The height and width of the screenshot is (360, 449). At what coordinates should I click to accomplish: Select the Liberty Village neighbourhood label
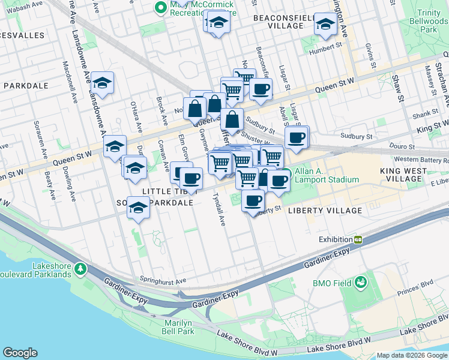click(325, 211)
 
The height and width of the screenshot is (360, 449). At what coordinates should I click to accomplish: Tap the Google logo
click(20, 353)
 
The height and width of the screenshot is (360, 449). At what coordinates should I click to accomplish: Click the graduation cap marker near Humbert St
click(325, 25)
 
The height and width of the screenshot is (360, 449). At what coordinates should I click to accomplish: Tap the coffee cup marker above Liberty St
click(253, 200)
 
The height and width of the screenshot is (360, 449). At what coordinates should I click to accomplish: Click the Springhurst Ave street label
click(163, 279)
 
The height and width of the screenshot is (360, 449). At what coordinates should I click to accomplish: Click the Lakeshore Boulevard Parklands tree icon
click(78, 267)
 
